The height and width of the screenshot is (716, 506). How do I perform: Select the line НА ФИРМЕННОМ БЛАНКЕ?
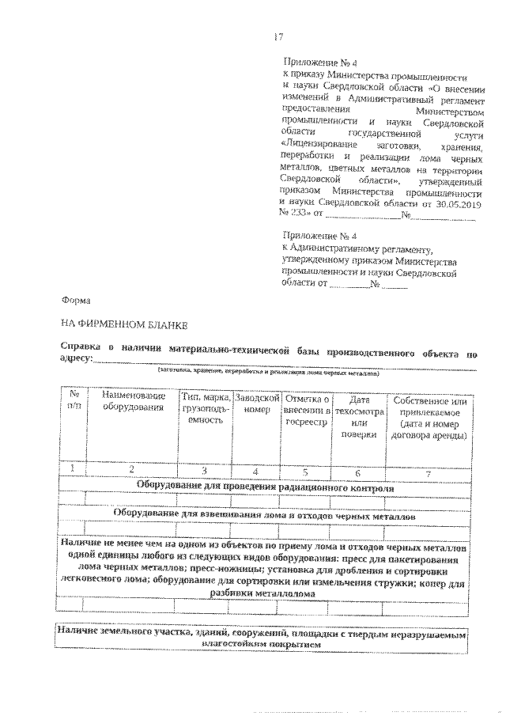click(115, 325)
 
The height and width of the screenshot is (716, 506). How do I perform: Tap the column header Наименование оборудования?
click(131, 401)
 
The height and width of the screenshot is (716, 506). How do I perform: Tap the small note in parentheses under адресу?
click(269, 371)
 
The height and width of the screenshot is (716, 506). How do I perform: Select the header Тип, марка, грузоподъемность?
click(204, 408)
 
